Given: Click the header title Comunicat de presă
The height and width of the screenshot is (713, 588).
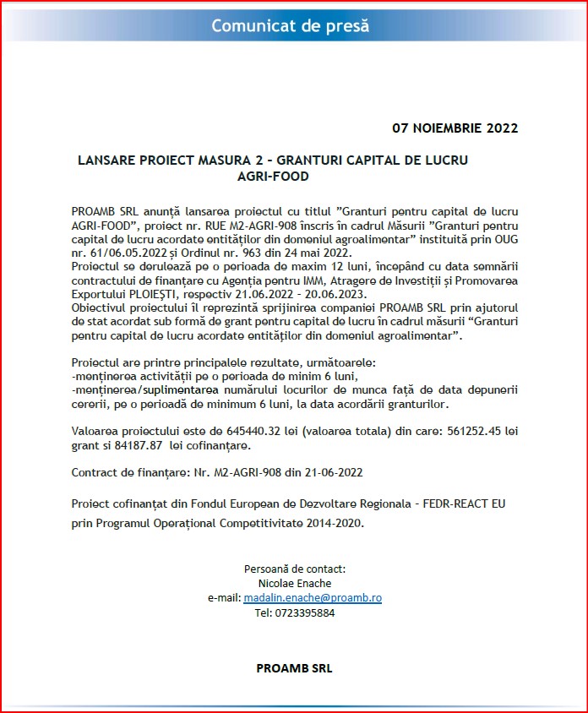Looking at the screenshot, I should coord(290,25).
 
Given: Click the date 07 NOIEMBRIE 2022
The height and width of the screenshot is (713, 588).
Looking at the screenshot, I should coord(455,128).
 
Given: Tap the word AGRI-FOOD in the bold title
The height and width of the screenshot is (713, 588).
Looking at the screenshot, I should coord(273,177).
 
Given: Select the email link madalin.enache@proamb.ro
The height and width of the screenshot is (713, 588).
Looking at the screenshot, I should coord(313,597).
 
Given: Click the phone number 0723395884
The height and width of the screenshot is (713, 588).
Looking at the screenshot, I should coord(294,612).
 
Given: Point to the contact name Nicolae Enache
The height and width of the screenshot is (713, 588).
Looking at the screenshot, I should coord(294,583).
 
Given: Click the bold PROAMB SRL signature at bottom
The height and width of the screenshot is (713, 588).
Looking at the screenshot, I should coord(294,668).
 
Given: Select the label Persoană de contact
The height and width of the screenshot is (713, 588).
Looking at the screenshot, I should coord(294,569).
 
